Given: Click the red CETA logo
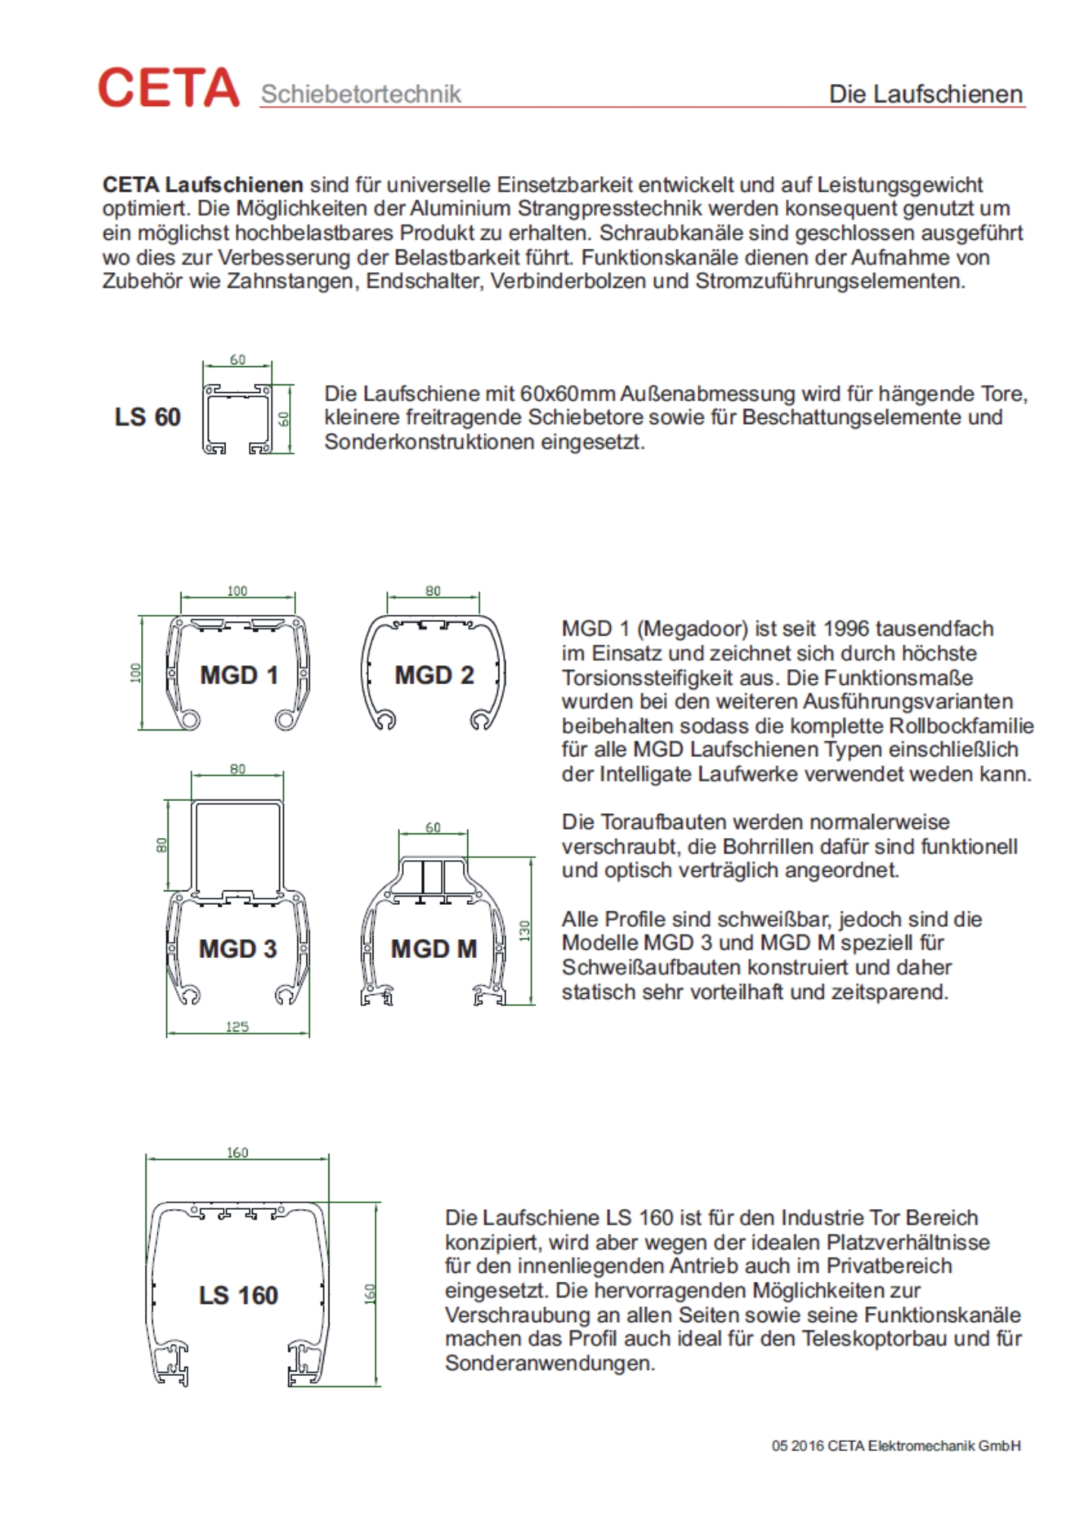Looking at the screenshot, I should pos(168,87).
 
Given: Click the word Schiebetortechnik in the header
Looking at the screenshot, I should pos(360,94).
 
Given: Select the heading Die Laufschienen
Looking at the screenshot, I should pos(925,94).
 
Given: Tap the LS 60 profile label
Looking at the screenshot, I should pos(147,417).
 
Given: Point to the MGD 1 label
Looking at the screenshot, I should pos(238,675).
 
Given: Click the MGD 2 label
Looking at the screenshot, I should pos(434,675).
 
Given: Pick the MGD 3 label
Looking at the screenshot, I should pos(238,949).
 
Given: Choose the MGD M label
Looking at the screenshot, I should pos(433,949).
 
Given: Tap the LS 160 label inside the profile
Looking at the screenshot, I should pos(238,1296).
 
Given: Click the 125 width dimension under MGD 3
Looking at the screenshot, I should pos(237,1027).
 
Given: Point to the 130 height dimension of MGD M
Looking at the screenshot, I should pos(524,931).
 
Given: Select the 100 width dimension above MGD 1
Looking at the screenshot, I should pos(237,591).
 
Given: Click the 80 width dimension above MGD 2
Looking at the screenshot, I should pos(433,591).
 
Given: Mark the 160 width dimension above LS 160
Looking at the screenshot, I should pos(237,1153).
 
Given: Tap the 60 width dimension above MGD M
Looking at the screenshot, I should pos(433,828).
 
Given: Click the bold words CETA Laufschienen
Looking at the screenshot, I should pos(203,185).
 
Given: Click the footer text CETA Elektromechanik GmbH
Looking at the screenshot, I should pos(924,1446).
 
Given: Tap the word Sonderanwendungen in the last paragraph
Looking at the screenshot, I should pos(550,1363).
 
